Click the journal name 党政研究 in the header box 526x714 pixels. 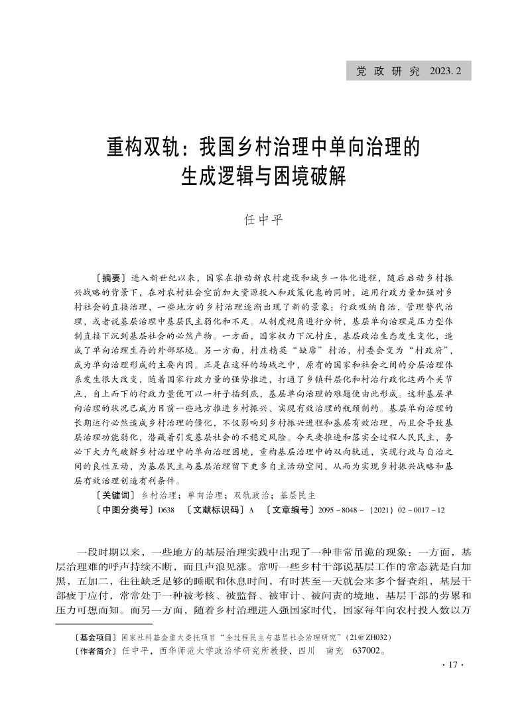(x=387, y=71)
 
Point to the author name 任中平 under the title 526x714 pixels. (x=263, y=219)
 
